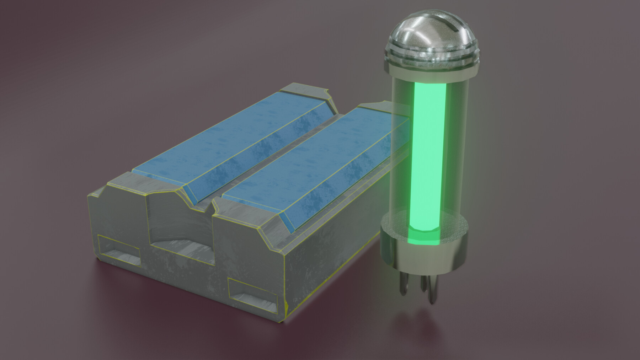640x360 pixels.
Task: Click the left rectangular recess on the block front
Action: pos(119,251)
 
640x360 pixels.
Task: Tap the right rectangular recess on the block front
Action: pos(252,293)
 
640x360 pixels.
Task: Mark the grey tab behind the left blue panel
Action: pos(306,91)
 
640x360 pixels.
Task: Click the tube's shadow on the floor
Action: pos(420,320)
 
